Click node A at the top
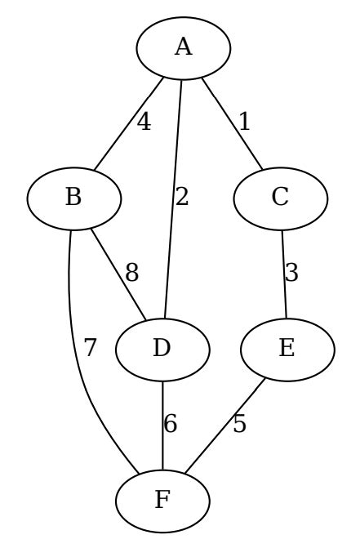click(x=183, y=47)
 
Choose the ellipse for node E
click(x=287, y=348)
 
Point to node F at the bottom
click(x=163, y=498)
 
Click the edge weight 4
click(x=144, y=123)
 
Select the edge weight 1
click(x=243, y=123)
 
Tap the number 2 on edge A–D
click(x=182, y=198)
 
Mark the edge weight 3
click(x=291, y=273)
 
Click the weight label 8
click(x=131, y=273)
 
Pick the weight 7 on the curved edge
click(x=90, y=348)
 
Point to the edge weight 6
click(x=171, y=423)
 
